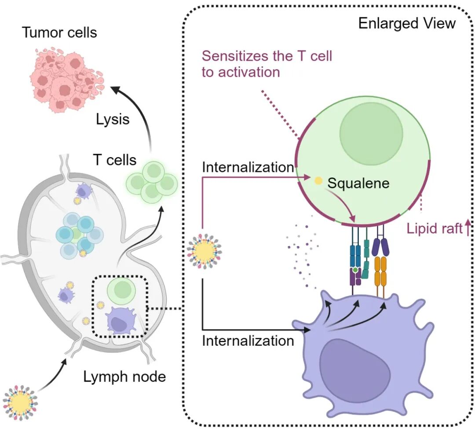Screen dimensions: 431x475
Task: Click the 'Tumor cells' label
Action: pyautogui.click(x=60, y=32)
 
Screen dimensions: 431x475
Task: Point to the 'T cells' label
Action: pyautogui.click(x=115, y=159)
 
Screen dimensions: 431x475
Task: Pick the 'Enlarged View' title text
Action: pyautogui.click(x=407, y=23)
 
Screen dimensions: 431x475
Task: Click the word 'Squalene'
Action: pyautogui.click(x=358, y=183)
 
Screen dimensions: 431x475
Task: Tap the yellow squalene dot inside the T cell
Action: pyautogui.click(x=317, y=181)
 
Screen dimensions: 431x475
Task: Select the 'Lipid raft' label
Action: pyautogui.click(x=433, y=228)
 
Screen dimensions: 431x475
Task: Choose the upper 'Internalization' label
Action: pyautogui.click(x=248, y=167)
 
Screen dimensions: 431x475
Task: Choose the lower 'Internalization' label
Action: pyautogui.click(x=248, y=340)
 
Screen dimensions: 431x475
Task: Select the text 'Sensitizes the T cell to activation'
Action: pyautogui.click(x=267, y=64)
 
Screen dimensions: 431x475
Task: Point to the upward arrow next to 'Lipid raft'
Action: pyautogui.click(x=468, y=228)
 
